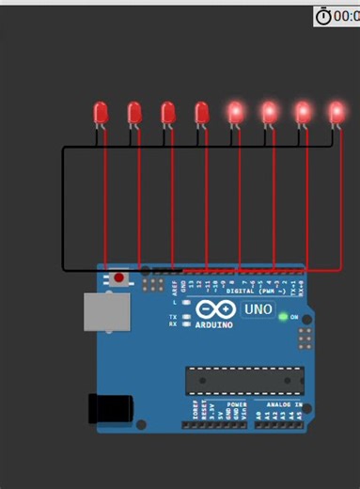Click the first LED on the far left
(x=102, y=113)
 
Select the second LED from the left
(x=134, y=113)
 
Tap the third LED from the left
(x=168, y=113)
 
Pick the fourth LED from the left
(x=201, y=113)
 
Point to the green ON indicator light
(x=283, y=317)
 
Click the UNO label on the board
(x=258, y=309)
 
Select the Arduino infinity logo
(x=217, y=311)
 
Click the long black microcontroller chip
(x=244, y=380)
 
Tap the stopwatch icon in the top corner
(x=324, y=16)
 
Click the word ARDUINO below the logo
(x=214, y=326)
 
